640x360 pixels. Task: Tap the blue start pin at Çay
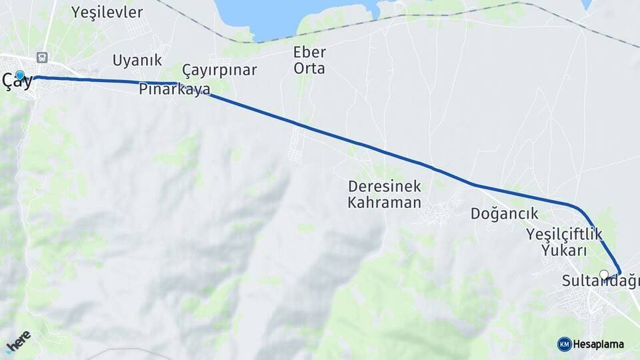point(20,75)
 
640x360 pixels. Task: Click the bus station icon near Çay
point(43,58)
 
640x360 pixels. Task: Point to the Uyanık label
point(137,60)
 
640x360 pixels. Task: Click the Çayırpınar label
point(219,70)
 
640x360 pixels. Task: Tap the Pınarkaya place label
point(175,89)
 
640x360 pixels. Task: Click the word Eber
point(309,52)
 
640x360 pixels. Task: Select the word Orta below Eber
point(309,68)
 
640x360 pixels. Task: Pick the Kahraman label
point(384,203)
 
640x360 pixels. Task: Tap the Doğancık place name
point(504,213)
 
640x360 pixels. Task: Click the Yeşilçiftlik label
point(564,234)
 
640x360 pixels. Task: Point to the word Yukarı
point(564,251)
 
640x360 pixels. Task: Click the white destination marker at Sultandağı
point(604,274)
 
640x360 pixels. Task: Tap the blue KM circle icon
point(564,344)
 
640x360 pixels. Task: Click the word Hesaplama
point(599,344)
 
